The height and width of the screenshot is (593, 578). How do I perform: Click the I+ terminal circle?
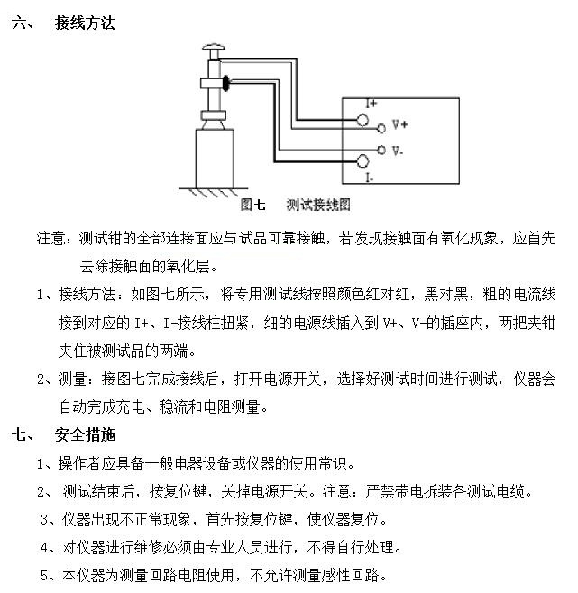(362, 120)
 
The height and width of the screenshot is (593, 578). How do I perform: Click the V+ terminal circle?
(381, 129)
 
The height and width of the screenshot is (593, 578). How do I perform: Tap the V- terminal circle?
(381, 151)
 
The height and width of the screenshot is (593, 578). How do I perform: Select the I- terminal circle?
(362, 161)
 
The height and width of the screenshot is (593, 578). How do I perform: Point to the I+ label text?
(372, 103)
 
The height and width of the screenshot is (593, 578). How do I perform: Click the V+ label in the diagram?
(399, 124)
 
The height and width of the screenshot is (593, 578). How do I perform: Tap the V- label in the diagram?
(398, 151)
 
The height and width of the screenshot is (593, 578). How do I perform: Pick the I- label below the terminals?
(369, 178)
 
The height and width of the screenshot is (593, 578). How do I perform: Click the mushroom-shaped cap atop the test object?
(214, 48)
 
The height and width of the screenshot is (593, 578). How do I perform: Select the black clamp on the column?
(225, 83)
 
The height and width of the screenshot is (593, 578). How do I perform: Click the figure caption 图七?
(252, 205)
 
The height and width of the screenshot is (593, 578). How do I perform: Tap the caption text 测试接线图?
(318, 205)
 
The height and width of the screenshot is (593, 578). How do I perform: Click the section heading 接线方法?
(85, 23)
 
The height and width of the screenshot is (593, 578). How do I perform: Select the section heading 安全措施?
(85, 434)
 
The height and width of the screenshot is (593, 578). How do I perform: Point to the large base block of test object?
(215, 159)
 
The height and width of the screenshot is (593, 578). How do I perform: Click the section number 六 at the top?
(19, 23)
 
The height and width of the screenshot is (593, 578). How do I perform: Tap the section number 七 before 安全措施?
(19, 434)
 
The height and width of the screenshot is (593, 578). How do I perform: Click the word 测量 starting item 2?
(73, 379)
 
